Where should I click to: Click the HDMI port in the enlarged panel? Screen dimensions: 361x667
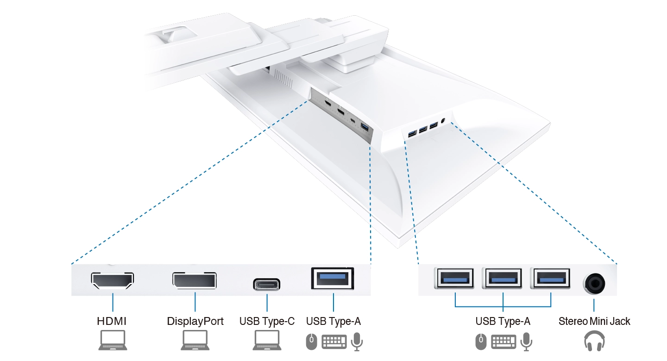pos(113,280)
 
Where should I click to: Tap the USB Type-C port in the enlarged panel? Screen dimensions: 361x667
pos(267,284)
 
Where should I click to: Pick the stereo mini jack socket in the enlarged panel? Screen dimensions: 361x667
pos(594,282)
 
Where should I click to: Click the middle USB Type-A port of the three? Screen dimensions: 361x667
pos(503,279)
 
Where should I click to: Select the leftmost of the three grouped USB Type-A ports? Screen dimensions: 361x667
pos(455,279)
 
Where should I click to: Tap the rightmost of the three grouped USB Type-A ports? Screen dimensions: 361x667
pos(551,279)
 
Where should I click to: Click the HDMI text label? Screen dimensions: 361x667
pos(112,321)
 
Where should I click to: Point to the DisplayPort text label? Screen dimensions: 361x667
pos(195,321)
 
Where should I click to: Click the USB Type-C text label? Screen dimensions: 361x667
pos(267,321)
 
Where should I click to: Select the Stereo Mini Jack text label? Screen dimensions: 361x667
pos(594,321)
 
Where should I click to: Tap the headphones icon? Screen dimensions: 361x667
pos(594,342)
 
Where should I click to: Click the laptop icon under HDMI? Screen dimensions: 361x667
pos(112,341)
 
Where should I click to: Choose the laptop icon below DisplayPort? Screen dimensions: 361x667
pos(195,341)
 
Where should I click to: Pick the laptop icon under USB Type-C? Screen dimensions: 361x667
pos(267,341)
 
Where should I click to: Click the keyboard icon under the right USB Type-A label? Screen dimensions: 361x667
pos(503,342)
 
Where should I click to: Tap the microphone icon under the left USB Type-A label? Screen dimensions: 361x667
pos(357,342)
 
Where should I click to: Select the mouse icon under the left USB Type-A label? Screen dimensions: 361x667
pos(311,342)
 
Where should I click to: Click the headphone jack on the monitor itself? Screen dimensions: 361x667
pos(444,120)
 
